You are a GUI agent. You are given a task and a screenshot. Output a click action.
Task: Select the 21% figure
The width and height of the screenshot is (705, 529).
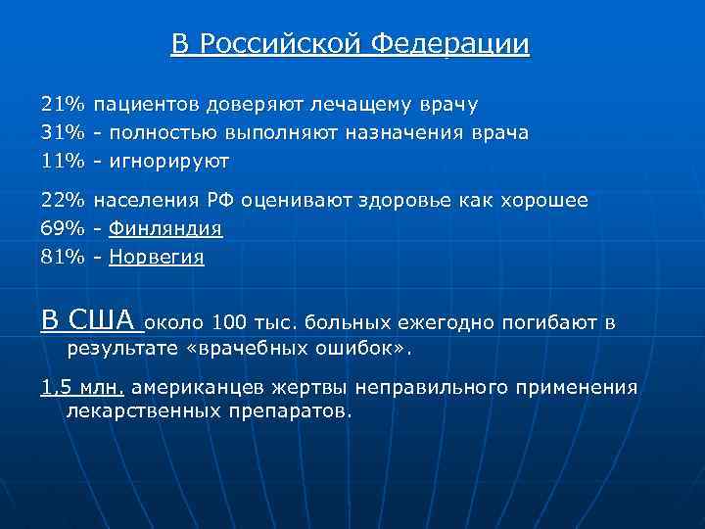click(63, 104)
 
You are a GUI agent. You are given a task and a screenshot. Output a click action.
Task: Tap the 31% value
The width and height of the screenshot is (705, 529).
click(63, 132)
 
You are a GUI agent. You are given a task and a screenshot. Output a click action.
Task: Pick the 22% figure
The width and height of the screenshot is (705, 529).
click(63, 201)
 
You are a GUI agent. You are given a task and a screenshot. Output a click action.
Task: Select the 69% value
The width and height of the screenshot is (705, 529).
click(63, 229)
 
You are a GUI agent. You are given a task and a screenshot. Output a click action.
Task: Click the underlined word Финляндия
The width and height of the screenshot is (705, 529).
click(165, 229)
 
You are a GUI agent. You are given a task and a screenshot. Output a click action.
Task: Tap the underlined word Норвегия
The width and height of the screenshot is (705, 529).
click(157, 258)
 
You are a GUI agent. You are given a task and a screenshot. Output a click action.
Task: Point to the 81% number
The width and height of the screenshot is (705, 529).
click(63, 258)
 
